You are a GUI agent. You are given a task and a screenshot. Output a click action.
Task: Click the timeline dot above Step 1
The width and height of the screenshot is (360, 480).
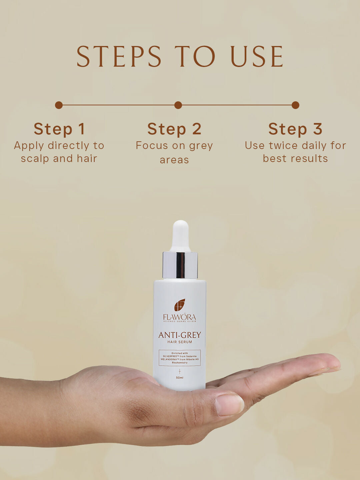tap(59, 105)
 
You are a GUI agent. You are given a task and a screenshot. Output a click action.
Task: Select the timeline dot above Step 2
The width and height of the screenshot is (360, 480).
tap(178, 105)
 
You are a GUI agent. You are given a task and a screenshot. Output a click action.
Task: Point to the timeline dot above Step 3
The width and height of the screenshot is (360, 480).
tap(295, 105)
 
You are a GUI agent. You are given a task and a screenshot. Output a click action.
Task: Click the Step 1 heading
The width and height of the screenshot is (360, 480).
tap(59, 129)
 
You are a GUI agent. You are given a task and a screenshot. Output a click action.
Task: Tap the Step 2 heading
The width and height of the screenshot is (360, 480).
tap(174, 129)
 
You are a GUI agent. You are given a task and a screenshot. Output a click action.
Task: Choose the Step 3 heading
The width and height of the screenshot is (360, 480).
tap(295, 129)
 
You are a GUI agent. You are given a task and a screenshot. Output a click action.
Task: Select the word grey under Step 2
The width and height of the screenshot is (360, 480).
tap(201, 146)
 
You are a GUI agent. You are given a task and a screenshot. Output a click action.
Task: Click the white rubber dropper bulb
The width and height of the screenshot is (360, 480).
tap(180, 235)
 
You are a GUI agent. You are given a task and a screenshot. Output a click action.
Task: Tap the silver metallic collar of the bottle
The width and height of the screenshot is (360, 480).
tap(180, 265)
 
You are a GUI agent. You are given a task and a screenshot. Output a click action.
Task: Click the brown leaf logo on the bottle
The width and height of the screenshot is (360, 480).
tap(180, 305)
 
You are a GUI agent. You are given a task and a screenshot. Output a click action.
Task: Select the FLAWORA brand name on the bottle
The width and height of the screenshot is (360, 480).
tap(180, 317)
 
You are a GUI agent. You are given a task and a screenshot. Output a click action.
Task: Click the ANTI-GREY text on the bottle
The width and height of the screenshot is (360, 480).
tap(180, 335)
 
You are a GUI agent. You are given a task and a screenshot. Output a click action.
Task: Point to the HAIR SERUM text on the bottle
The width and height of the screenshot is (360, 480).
tap(180, 342)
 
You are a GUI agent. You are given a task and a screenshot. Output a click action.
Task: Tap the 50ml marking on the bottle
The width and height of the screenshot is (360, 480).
tap(180, 378)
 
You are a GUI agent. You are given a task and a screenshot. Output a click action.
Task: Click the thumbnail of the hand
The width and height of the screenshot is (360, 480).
tap(229, 405)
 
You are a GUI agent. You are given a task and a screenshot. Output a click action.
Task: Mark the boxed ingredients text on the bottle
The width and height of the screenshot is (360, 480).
tap(180, 358)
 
